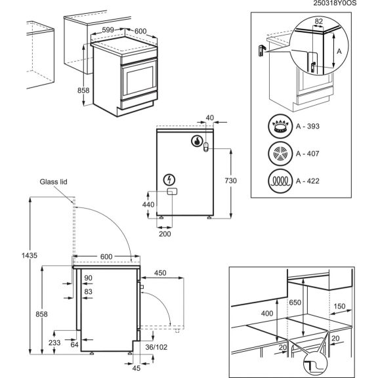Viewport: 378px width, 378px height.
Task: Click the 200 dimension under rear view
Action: click(x=165, y=233)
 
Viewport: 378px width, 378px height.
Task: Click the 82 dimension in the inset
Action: click(x=318, y=22)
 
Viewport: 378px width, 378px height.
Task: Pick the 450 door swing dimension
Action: click(x=161, y=273)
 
